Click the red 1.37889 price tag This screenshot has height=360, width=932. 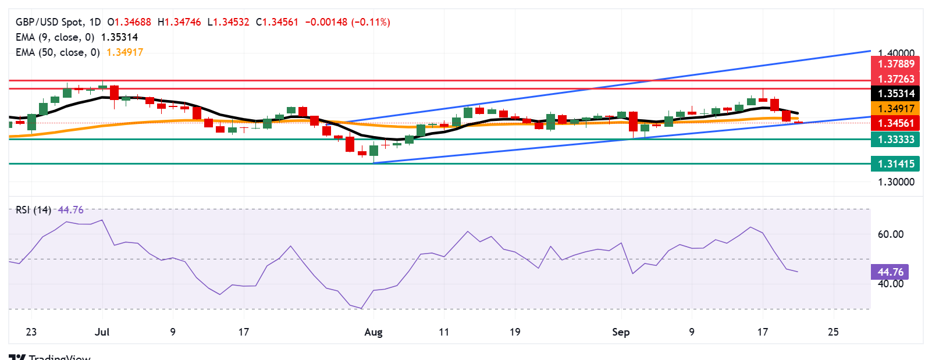[895, 64]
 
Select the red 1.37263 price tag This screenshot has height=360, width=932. [895, 79]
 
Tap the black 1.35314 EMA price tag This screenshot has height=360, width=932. [895, 94]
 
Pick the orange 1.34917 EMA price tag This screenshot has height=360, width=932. [895, 109]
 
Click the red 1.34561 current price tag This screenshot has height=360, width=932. [895, 123]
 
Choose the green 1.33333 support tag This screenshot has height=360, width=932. [895, 140]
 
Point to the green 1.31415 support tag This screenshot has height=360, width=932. [895, 164]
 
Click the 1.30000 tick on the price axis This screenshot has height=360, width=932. [896, 182]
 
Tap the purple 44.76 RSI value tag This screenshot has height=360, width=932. [890, 272]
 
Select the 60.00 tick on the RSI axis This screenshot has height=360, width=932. [890, 234]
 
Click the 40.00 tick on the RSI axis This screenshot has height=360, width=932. [890, 284]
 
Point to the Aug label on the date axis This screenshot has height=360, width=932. [373, 332]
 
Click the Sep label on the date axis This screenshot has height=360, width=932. [621, 332]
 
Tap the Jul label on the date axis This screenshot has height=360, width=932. [102, 332]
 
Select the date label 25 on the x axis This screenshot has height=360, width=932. [833, 332]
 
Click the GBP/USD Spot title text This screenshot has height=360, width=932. [49, 22]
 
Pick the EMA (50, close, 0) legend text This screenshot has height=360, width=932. [58, 52]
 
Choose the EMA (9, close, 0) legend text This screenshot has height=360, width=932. [55, 37]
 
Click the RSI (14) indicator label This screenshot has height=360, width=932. [33, 210]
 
